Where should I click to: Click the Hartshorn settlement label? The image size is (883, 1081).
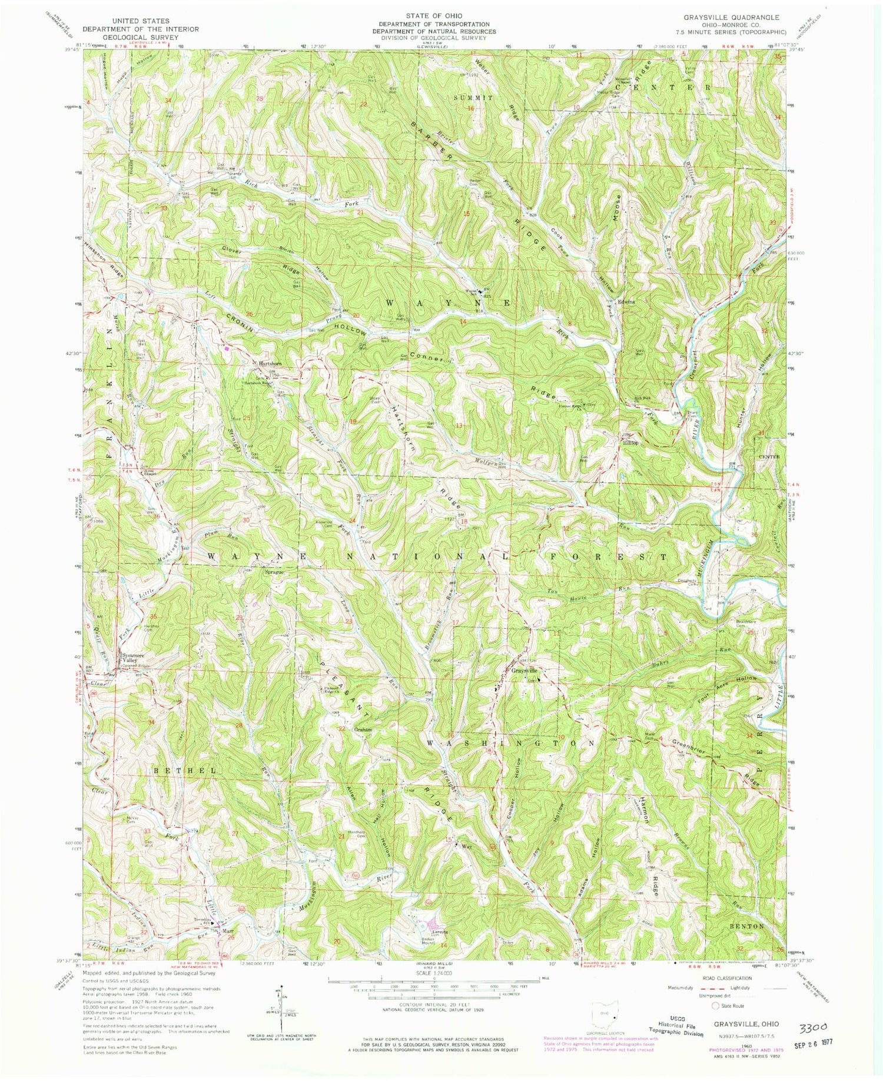(271, 364)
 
